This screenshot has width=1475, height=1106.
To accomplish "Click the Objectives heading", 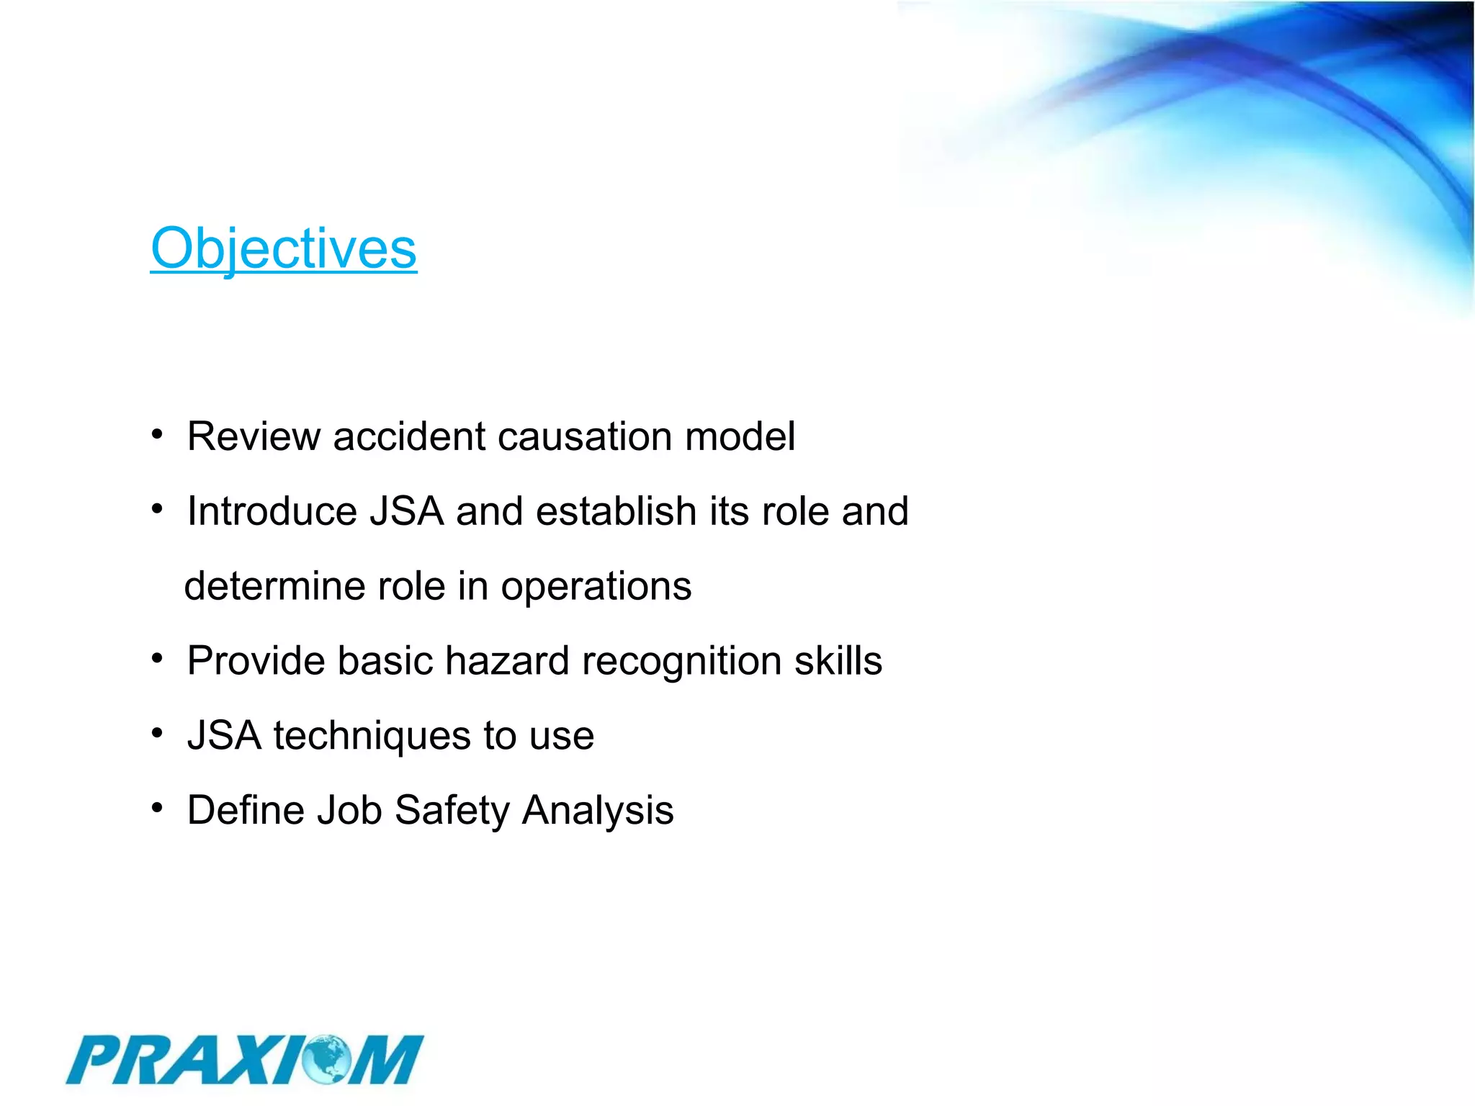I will click(x=283, y=248).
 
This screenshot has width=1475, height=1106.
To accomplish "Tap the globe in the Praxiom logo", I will click(x=328, y=1059).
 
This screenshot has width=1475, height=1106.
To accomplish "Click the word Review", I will click(x=254, y=436).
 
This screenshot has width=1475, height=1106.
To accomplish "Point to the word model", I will click(x=740, y=436).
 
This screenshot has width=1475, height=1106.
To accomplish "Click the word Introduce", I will click(x=272, y=511).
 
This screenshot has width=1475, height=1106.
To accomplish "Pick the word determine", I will click(x=274, y=586).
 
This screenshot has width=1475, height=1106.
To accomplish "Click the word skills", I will click(x=838, y=661).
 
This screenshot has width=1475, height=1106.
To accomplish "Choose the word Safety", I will click(x=452, y=811).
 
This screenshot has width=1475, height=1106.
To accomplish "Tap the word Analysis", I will click(x=598, y=811).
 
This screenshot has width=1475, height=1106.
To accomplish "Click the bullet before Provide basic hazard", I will click(x=158, y=659).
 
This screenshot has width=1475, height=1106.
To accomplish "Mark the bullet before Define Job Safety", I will click(x=158, y=808).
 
